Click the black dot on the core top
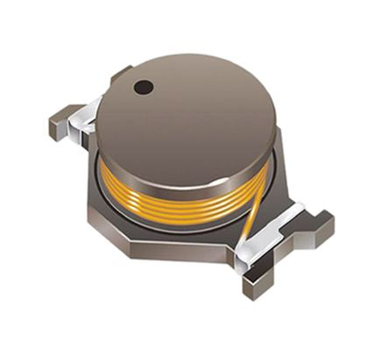(x=144, y=87)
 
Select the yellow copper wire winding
(x=175, y=194)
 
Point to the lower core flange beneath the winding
(x=175, y=219)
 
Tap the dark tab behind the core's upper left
(x=120, y=74)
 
